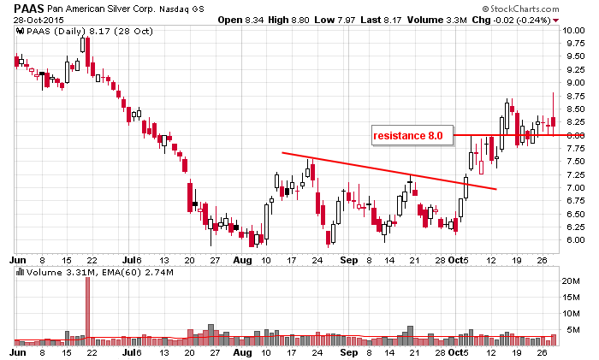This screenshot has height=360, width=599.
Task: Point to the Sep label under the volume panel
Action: (349, 351)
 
